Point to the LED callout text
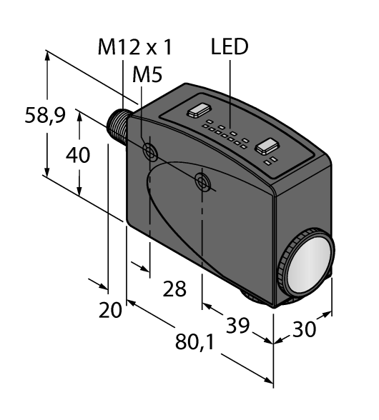pyautogui.click(x=229, y=47)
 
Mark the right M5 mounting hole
pyautogui.click(x=204, y=181)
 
